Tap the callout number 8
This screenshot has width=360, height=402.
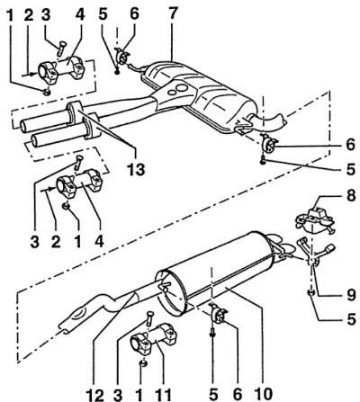pos(350,196)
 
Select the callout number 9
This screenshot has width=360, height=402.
pos(350,295)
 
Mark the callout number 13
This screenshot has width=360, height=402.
pos(136,169)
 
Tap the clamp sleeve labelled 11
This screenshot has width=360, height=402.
pos(153,339)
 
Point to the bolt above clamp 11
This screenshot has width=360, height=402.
pos(149,318)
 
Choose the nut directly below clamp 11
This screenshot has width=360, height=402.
pos(144,363)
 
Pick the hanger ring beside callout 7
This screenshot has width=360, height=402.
pos(122,56)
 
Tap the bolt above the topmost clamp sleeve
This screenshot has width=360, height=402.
pos(61,48)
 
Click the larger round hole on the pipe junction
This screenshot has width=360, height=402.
pos(182,88)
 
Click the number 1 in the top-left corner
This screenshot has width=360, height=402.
pos(10,15)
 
